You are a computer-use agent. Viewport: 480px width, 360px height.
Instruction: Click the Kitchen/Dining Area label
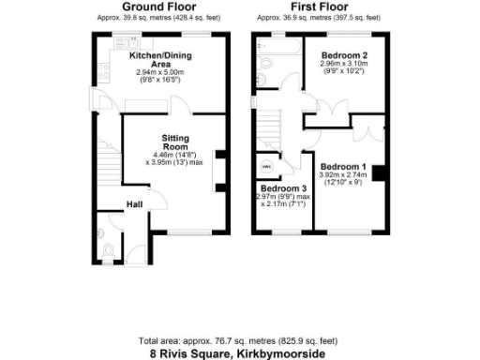tap(159, 59)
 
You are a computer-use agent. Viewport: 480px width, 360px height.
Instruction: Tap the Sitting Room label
tap(175, 142)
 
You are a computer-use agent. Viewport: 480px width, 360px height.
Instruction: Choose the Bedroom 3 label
tap(281, 187)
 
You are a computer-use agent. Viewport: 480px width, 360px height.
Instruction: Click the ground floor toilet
tap(106, 248)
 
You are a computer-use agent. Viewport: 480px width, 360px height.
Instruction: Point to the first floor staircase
tap(272, 125)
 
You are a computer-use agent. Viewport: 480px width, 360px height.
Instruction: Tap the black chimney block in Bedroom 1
tap(378, 172)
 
